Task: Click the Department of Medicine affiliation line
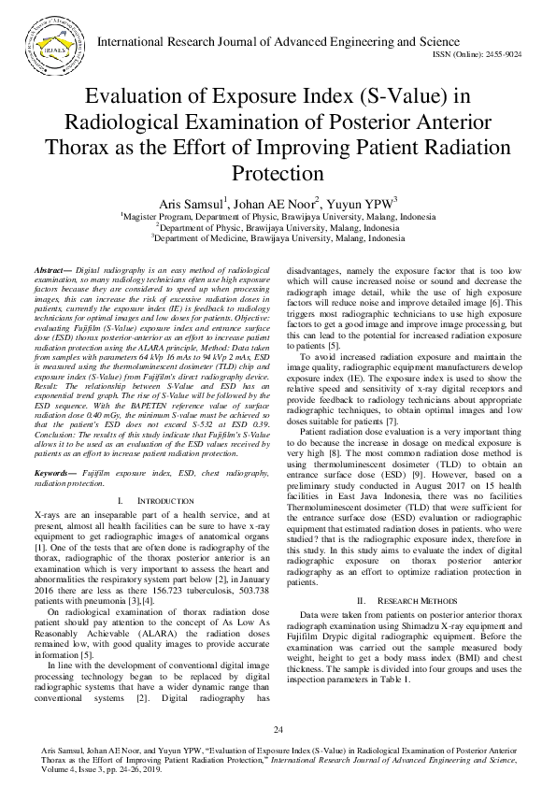(x=278, y=238)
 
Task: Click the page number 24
(x=278, y=729)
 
